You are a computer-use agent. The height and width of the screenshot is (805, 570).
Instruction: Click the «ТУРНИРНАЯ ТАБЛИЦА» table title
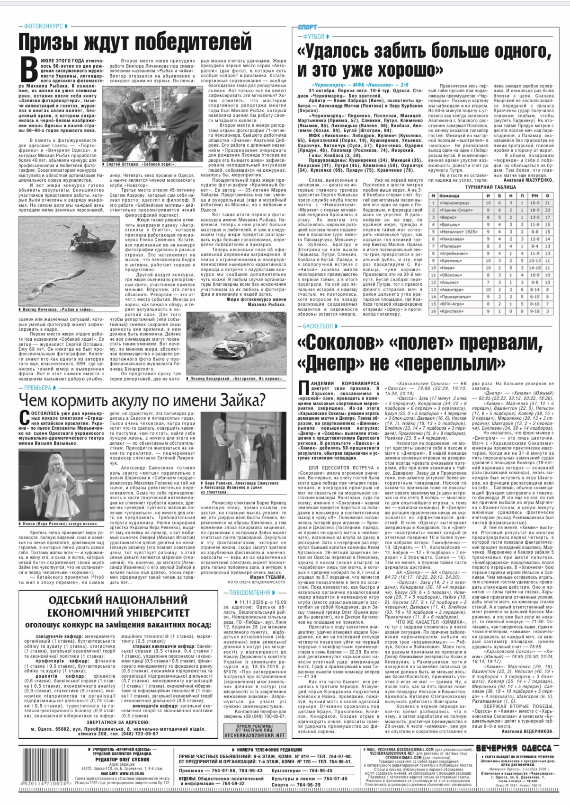(490, 187)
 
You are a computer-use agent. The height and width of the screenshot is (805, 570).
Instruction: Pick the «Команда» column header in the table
(449, 195)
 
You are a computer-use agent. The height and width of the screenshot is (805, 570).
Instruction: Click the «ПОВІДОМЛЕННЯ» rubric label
(249, 593)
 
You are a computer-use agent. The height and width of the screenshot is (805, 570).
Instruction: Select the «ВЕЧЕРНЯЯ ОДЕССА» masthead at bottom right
(514, 748)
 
